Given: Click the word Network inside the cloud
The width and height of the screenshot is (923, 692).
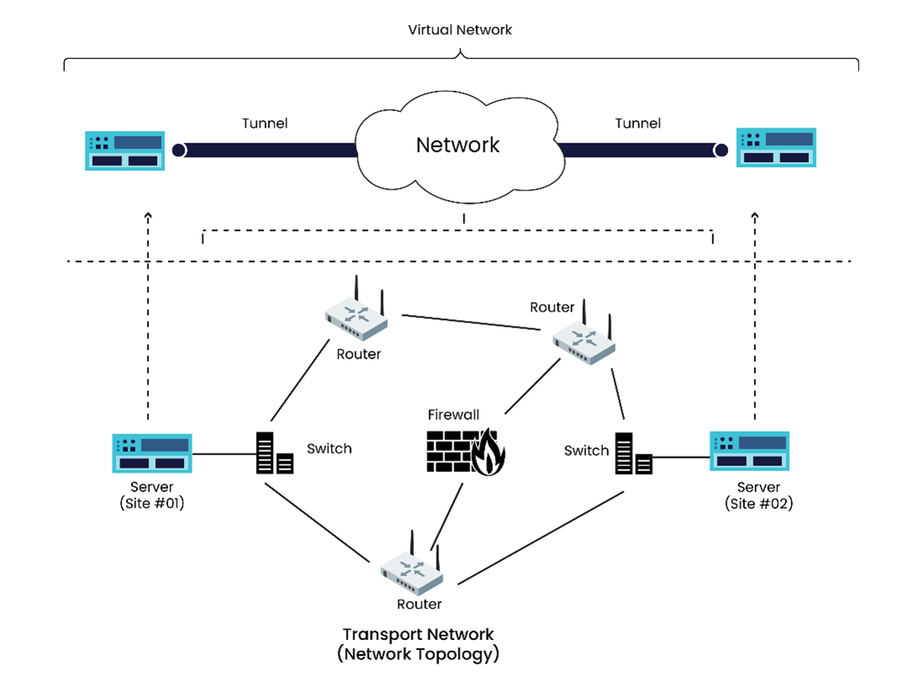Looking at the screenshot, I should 458,145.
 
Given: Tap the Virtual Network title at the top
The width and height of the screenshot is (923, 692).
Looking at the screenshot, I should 459,30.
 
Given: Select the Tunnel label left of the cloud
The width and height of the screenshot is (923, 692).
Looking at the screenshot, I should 265,123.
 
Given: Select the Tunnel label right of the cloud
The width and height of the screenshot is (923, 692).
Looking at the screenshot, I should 637,123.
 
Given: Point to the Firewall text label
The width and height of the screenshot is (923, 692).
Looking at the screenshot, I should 454,415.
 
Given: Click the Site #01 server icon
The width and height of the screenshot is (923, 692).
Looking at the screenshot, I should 152,454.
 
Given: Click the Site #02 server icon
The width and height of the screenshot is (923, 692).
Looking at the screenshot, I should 749,452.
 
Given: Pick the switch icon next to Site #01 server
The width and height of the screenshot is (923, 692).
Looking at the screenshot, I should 274,453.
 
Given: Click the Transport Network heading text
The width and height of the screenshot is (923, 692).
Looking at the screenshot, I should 418,635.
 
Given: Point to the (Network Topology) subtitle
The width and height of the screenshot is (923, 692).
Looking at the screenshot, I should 418,654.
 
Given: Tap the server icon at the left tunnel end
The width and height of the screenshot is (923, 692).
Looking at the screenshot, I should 123,150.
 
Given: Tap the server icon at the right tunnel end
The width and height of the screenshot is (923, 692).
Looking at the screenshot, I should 775,148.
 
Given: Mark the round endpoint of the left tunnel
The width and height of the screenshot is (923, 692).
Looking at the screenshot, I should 179,150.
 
